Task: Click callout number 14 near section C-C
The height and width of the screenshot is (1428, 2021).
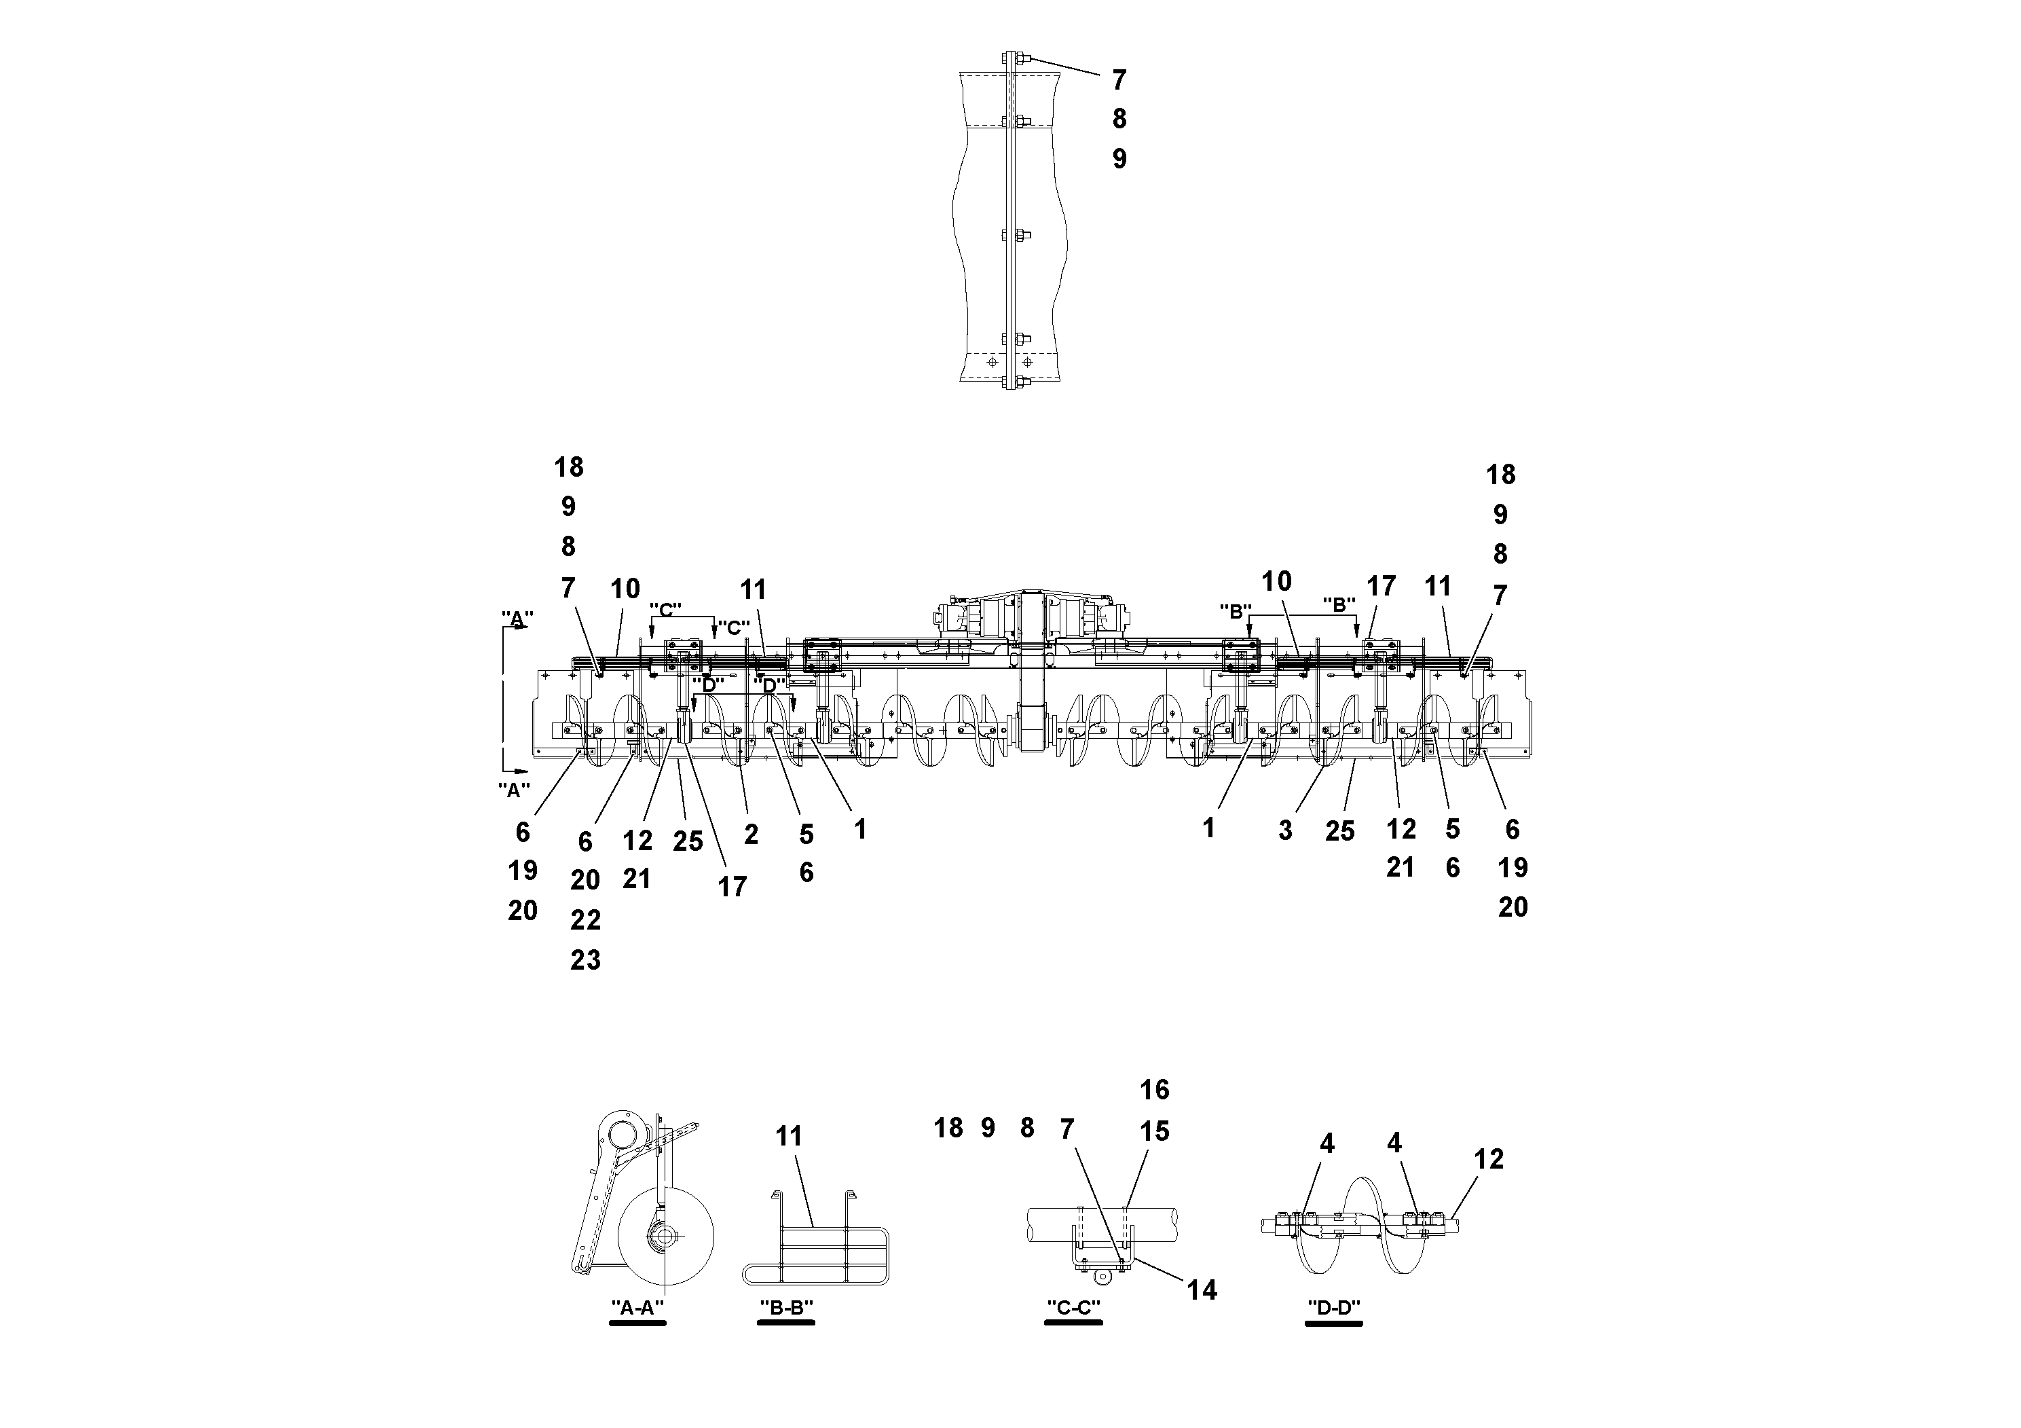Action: point(1202,1291)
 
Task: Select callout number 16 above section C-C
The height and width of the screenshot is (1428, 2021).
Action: point(1154,1090)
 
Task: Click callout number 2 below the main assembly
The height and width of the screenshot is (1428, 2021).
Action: point(751,835)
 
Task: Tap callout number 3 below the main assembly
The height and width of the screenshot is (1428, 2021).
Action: point(1285,831)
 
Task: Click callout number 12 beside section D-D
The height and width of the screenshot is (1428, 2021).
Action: point(1489,1160)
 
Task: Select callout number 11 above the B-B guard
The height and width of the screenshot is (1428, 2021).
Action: point(789,1137)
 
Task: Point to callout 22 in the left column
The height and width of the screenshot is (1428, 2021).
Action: point(585,920)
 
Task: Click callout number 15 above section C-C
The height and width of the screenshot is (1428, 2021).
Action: point(1154,1131)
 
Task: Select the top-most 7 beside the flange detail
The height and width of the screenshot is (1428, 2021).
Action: point(1119,80)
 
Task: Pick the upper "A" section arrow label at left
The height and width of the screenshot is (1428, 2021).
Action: point(517,618)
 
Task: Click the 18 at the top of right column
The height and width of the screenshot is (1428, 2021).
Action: point(1501,475)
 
